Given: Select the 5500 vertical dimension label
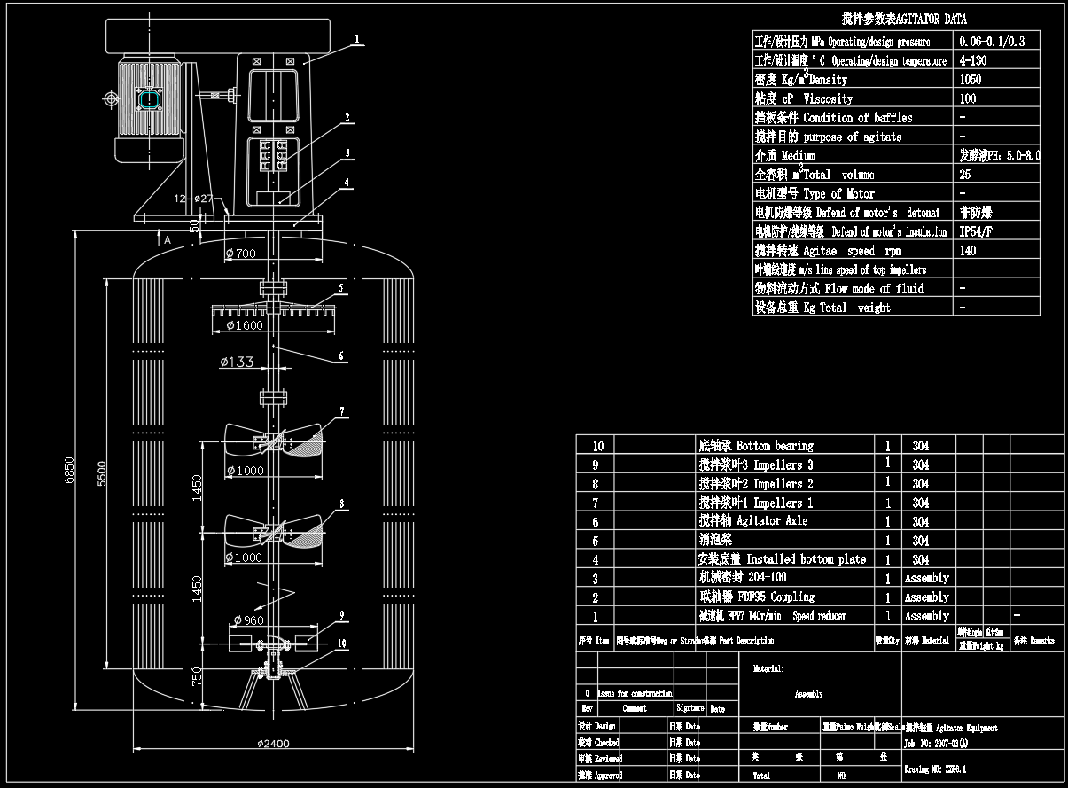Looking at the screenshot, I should [x=102, y=472].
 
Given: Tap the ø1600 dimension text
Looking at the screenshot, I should [x=245, y=325].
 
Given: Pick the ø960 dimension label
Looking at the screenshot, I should [x=248, y=620].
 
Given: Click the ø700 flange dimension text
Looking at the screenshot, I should [x=241, y=254].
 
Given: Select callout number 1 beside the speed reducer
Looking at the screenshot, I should [x=356, y=39].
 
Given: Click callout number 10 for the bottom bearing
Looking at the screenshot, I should [x=342, y=644].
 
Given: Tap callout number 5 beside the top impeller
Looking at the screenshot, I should [x=340, y=289].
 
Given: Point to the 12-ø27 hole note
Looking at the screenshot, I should [x=194, y=199].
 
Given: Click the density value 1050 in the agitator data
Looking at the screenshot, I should [x=971, y=79].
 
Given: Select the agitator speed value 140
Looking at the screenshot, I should [x=967, y=250].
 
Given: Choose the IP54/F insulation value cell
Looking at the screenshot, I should [x=977, y=231].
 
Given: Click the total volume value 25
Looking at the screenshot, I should [x=965, y=175].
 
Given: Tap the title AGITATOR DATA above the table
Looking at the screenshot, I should [x=904, y=19].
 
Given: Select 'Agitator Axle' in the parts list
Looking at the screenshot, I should [x=753, y=521].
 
